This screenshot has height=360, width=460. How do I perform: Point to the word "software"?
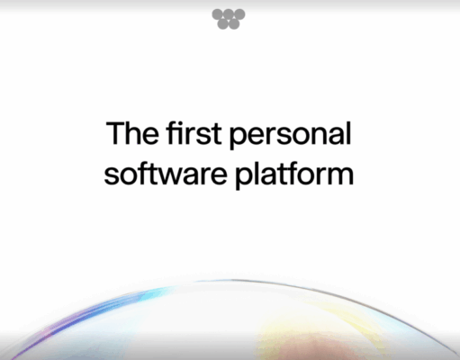(x=154, y=173)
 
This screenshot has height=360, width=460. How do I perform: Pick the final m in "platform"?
(x=342, y=175)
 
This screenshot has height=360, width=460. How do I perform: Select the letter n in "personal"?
(x=314, y=137)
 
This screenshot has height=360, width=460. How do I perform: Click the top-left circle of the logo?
(x=218, y=14)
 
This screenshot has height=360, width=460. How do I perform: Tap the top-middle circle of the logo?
(x=229, y=14)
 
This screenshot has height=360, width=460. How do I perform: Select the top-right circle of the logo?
(x=239, y=14)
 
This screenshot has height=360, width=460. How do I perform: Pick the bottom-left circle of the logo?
(x=223, y=24)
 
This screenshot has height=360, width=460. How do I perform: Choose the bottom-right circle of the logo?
(x=234, y=24)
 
